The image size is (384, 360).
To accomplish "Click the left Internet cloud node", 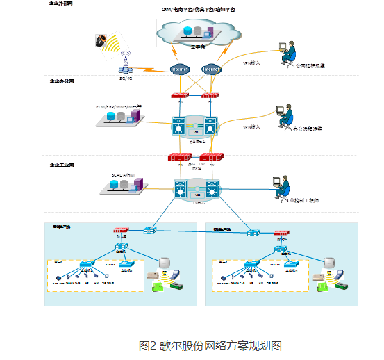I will [179, 69].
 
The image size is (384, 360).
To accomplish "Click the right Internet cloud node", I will [210, 69].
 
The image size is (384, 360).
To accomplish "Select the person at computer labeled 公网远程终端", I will [286, 54].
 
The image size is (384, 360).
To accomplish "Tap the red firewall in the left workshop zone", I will [122, 230].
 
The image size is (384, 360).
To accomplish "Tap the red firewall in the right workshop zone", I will [281, 234].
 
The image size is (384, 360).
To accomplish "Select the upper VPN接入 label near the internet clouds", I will [251, 63].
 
